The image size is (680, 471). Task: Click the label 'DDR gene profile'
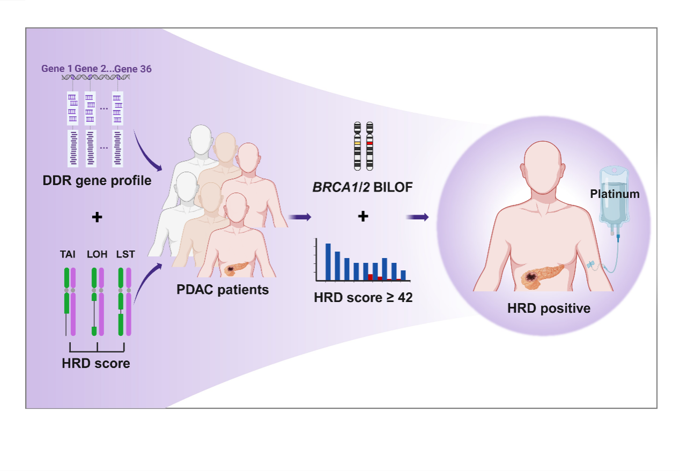[x=97, y=181]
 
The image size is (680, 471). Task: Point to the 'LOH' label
[x=97, y=255]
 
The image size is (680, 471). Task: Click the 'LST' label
[x=125, y=255]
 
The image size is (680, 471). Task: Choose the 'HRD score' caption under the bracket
[x=96, y=363]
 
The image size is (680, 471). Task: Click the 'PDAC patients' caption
[x=223, y=290]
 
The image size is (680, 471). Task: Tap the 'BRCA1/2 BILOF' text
[x=363, y=187]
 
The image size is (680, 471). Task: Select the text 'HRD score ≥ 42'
[x=363, y=298]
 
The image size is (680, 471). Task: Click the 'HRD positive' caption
[x=549, y=308]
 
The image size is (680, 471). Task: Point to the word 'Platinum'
[x=615, y=194]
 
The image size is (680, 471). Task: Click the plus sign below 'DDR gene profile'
[x=97, y=218]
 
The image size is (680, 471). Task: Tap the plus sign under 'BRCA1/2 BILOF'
[x=363, y=217]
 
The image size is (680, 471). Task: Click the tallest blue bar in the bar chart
[x=328, y=262]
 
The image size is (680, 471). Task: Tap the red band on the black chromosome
[x=369, y=144]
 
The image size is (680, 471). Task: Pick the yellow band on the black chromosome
[x=357, y=144]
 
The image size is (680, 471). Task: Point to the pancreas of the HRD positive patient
[x=542, y=275]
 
